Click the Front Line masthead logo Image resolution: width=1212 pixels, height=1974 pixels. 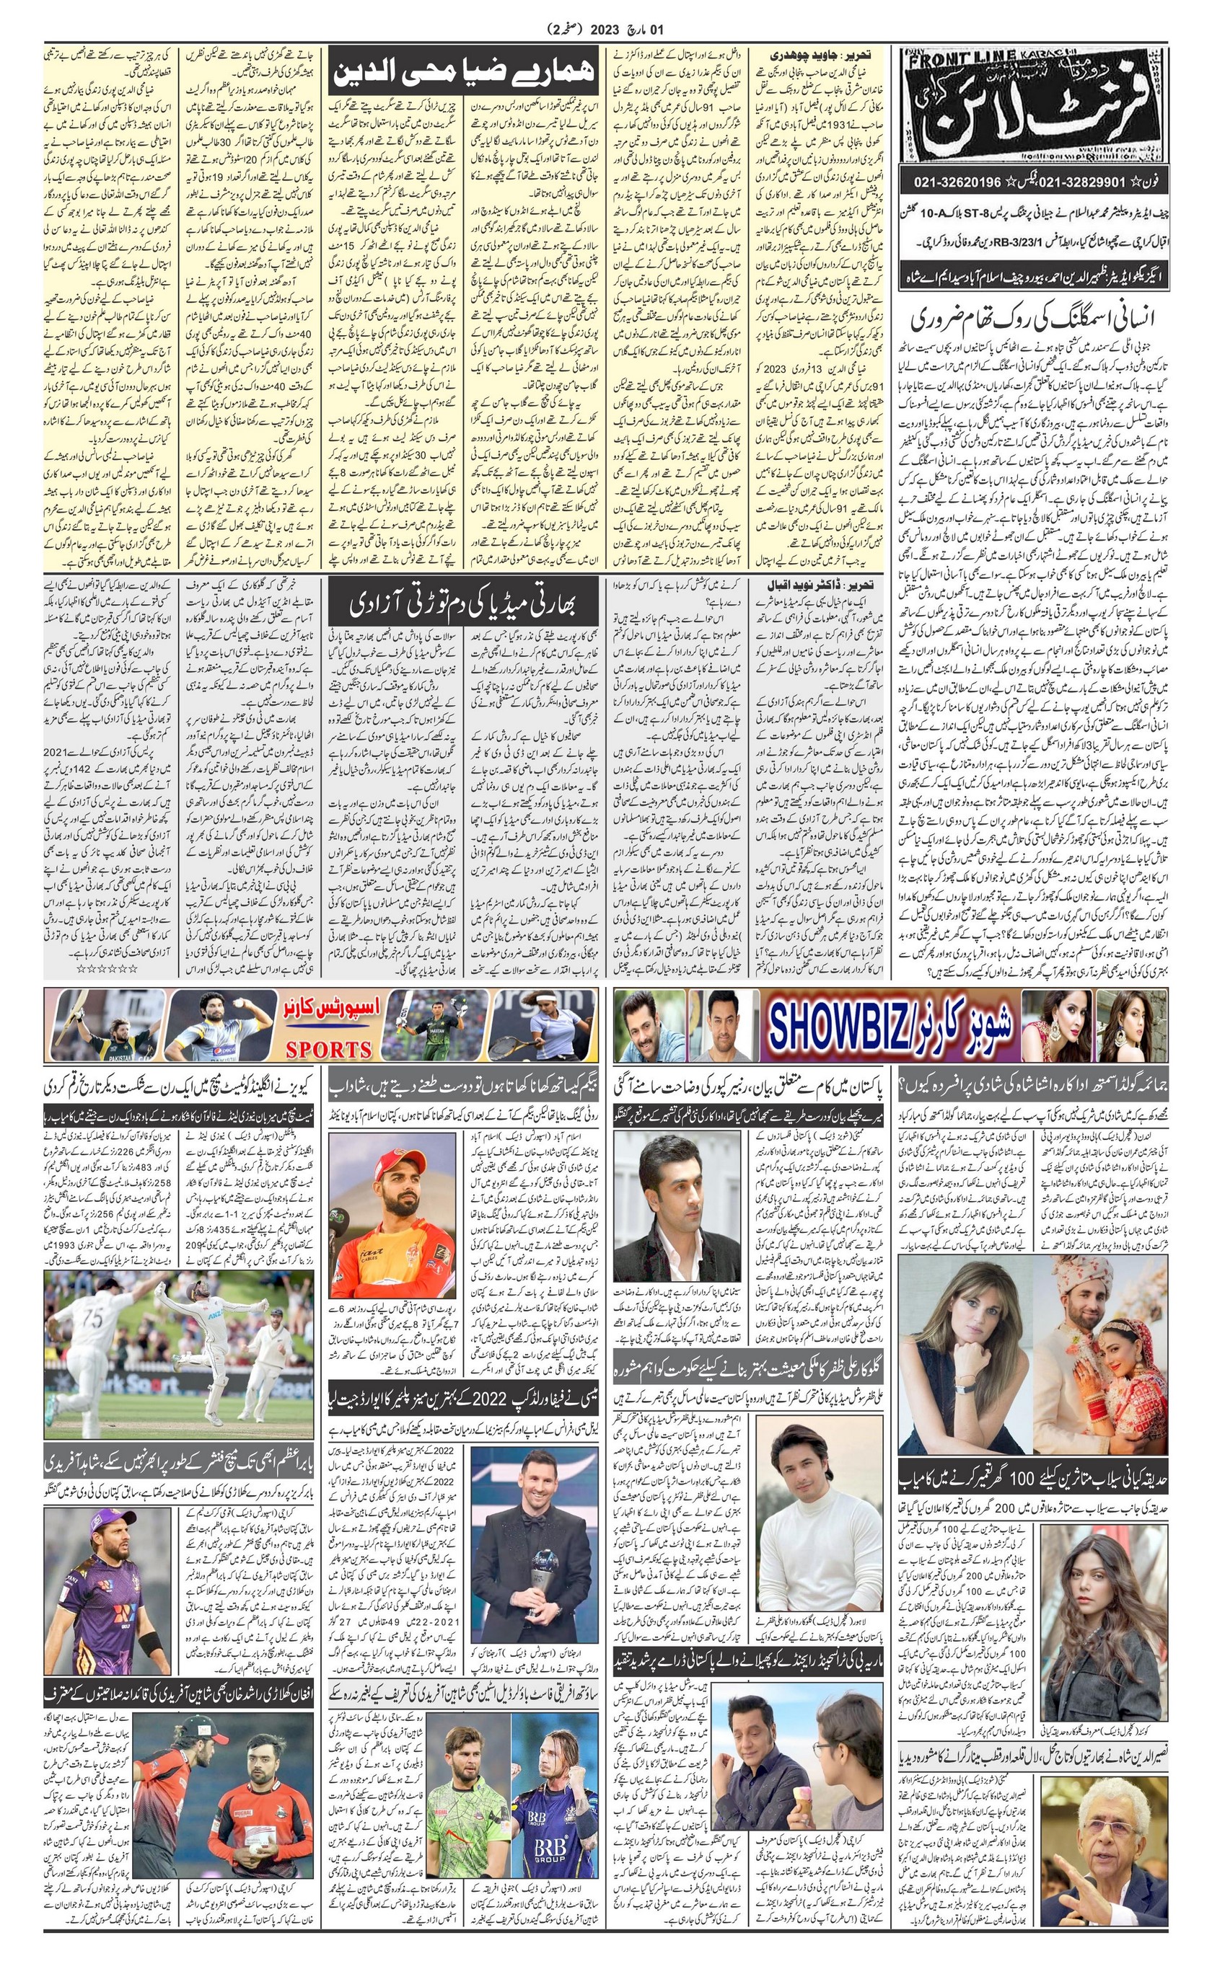(x=1034, y=104)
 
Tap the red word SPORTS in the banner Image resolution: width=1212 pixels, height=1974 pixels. (x=329, y=1050)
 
